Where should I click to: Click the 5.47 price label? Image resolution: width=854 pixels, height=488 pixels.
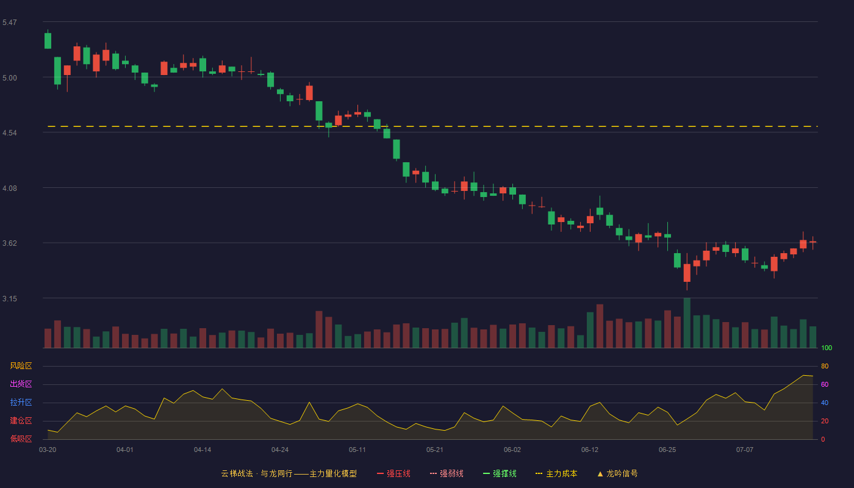point(10,23)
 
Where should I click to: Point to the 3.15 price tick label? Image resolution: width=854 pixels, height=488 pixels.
point(10,298)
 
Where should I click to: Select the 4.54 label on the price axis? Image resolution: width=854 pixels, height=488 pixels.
point(10,133)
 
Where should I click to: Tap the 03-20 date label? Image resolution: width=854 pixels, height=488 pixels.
point(48,450)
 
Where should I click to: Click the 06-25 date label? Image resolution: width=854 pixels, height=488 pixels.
point(667,450)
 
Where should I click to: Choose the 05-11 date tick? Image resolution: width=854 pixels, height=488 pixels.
point(357,450)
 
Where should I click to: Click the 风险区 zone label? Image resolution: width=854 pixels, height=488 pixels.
point(21,366)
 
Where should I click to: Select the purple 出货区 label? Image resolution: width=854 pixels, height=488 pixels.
point(21,384)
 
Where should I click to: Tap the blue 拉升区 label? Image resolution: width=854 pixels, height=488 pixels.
point(21,402)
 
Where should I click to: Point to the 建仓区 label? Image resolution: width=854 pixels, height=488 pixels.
point(21,420)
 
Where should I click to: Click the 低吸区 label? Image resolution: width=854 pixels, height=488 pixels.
point(21,439)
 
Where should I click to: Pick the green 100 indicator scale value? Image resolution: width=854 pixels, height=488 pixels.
point(827,348)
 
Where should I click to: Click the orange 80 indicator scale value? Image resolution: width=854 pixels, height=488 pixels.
point(825,366)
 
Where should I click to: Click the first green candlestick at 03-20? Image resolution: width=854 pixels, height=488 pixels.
point(48,40)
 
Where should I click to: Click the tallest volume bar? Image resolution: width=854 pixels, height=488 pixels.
point(687,323)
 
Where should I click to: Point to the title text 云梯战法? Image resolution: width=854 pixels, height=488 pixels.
point(237,473)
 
